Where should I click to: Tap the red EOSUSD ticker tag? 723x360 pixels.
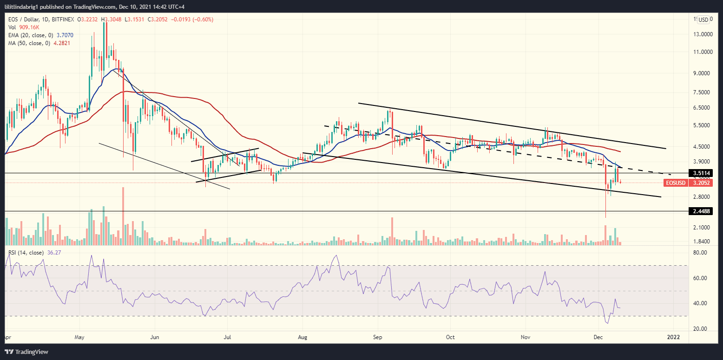point(676,183)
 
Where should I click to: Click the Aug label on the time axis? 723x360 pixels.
point(302,335)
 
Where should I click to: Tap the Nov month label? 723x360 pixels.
point(525,335)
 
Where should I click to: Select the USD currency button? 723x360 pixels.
point(703,20)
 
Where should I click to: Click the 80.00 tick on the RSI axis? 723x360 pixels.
point(700,253)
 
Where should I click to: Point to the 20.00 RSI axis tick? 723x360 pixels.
point(700,329)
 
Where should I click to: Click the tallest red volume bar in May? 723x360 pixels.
point(123,216)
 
